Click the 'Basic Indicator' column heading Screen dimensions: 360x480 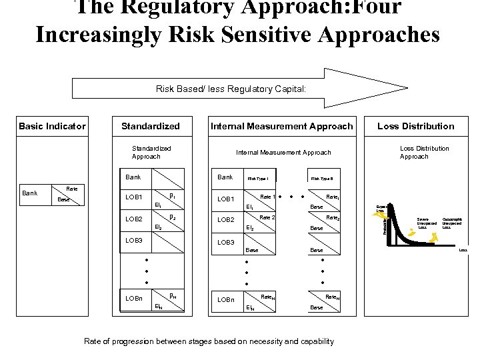point(52,126)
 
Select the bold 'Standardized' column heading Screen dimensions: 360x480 point(151,126)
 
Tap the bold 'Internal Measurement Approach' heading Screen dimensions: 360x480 point(282,126)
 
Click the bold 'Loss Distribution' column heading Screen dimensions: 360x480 point(415,126)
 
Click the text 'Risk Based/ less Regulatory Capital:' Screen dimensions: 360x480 point(231,88)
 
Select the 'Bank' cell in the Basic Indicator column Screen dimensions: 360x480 point(30,193)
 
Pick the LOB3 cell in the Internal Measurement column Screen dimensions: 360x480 point(226,241)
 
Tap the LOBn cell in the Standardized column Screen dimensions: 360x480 point(135,299)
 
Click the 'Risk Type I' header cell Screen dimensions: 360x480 point(257,179)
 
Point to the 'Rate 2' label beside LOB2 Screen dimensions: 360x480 point(267,218)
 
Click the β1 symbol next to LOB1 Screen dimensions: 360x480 point(173,196)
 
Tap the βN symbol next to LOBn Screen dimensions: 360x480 point(173,295)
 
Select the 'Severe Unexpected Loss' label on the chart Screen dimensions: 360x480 point(427,223)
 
